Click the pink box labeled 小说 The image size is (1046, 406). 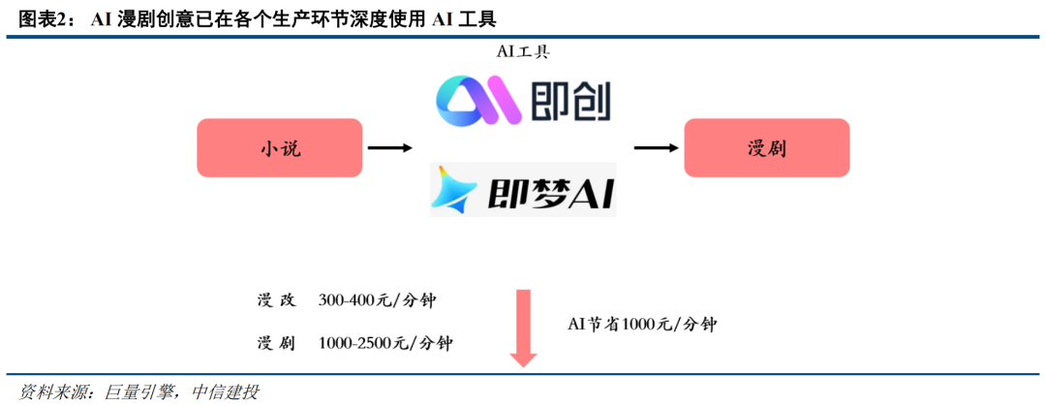tap(279, 148)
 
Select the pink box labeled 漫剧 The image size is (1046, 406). tap(766, 148)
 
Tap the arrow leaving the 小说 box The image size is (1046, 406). tap(389, 148)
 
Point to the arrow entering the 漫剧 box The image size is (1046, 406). tap(655, 148)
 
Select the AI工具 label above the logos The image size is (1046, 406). tap(523, 50)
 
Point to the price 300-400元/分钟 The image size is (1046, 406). tap(377, 300)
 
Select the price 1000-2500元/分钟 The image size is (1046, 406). tap(385, 343)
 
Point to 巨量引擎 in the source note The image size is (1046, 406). tap(137, 391)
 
